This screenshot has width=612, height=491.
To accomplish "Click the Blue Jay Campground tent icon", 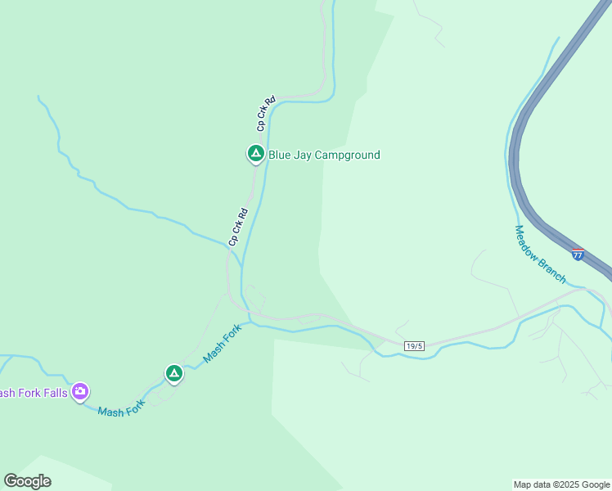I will pyautogui.click(x=255, y=153).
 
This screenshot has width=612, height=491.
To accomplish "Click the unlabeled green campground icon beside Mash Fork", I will pyautogui.click(x=173, y=373).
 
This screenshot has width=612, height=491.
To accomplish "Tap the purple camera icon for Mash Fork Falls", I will pyautogui.click(x=80, y=391).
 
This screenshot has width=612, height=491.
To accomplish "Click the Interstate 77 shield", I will pyautogui.click(x=578, y=255).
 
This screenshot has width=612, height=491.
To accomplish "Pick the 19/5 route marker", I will pyautogui.click(x=414, y=346).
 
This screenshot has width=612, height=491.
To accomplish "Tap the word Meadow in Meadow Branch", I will pyautogui.click(x=528, y=244).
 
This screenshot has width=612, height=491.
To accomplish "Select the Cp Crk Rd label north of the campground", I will pyautogui.click(x=265, y=114).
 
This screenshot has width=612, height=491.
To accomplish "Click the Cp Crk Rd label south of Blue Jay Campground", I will pyautogui.click(x=238, y=227).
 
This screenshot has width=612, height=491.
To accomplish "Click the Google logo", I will pyautogui.click(x=27, y=481).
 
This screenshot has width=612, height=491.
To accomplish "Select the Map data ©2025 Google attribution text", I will pyautogui.click(x=560, y=484).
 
